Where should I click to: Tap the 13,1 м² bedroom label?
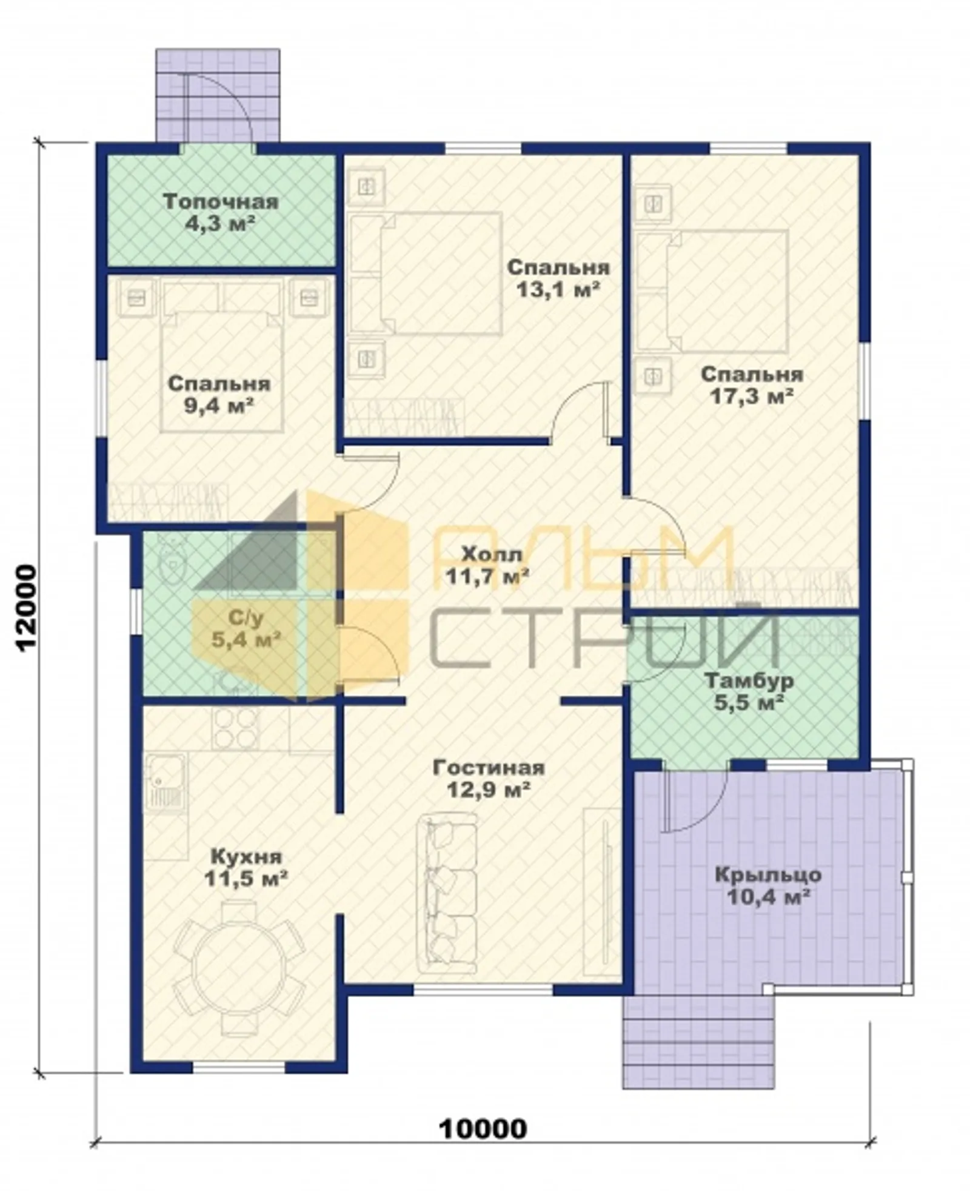tap(558, 278)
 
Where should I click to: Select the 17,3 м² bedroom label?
tap(752, 384)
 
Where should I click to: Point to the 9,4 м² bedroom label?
tap(219, 394)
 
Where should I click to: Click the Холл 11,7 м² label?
tap(488, 564)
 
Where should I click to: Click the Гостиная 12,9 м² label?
tap(489, 778)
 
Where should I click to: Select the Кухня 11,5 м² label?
tap(246, 867)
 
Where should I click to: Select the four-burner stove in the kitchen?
tap(235, 728)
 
